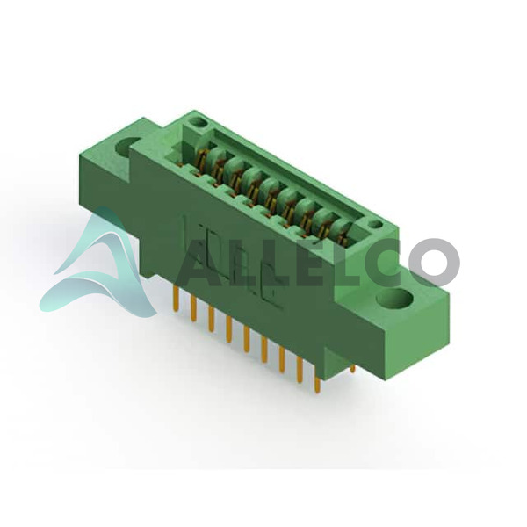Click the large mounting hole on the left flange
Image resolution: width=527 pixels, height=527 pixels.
coord(127,145)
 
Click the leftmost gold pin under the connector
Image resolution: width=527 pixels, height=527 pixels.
coord(176,298)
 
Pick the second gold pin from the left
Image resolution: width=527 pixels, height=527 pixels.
coord(193,307)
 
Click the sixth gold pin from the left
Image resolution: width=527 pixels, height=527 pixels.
coord(264,350)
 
